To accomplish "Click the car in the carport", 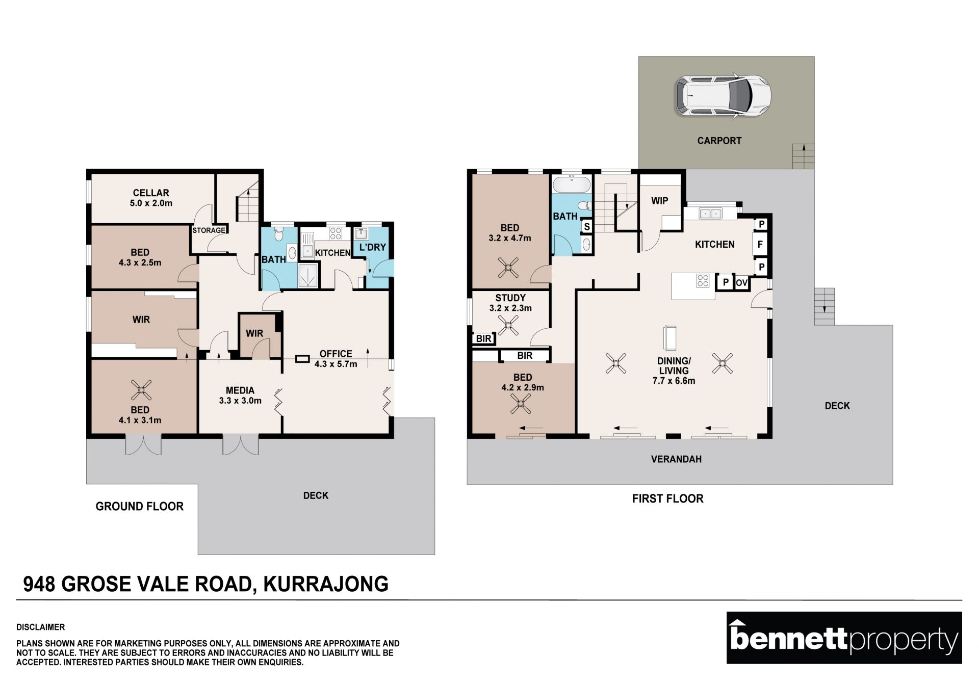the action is (x=723, y=96).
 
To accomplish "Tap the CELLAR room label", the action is (x=151, y=193).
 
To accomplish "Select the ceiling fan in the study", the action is (x=508, y=325).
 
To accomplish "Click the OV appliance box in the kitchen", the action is (x=741, y=282).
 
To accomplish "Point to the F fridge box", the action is (x=760, y=244).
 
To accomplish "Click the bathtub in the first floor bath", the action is (x=571, y=184).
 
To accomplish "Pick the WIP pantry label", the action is (x=659, y=201).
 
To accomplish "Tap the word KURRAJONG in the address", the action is (x=326, y=584).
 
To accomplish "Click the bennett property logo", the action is (x=844, y=638).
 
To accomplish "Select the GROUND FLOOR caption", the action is (x=140, y=507).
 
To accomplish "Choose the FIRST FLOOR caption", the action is (x=667, y=498).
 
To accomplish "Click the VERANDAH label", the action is (x=676, y=459).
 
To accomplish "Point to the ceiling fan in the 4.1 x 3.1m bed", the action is (x=141, y=390).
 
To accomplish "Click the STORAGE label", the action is (x=209, y=230).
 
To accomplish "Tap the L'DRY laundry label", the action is (x=373, y=247).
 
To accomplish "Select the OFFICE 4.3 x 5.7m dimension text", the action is (x=336, y=364).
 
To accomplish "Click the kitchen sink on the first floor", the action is (x=710, y=214).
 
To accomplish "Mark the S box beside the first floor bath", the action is (x=587, y=226).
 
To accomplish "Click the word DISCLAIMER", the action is (x=41, y=627).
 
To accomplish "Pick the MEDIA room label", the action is (x=240, y=390).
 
